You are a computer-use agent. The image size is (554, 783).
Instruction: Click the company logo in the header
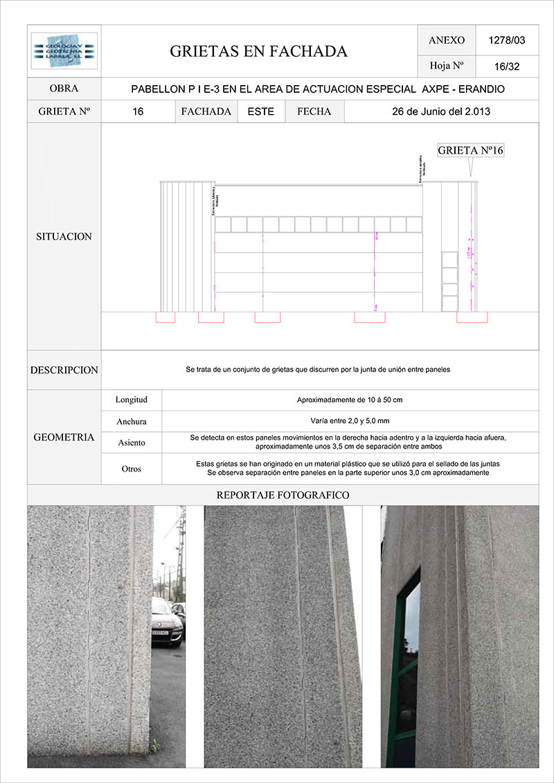pos(64,51)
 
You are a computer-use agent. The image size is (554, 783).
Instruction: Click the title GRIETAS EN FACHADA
pos(258,51)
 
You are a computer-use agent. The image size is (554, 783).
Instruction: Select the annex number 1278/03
pos(507,40)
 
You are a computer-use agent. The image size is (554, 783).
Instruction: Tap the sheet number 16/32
pos(508,66)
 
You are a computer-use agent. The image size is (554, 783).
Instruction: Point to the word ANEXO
pos(447,40)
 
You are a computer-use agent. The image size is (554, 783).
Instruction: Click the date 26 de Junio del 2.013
pos(441,111)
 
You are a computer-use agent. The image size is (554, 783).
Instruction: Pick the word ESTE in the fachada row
pos(261,111)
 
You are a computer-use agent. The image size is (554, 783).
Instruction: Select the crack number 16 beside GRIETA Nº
pos(138,111)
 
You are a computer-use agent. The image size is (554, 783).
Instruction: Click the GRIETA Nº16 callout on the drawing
pos(470,150)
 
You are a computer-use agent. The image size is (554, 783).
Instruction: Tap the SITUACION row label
pos(64,237)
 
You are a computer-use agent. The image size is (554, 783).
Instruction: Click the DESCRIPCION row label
pos(64,370)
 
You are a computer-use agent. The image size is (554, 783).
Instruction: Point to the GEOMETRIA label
pos(64,438)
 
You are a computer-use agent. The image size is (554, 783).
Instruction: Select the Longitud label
pos(132,400)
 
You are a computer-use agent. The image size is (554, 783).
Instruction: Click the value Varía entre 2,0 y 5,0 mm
pos(350,421)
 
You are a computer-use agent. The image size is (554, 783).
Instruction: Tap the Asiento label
pos(132,442)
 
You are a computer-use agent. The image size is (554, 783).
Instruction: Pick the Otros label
pos(132,469)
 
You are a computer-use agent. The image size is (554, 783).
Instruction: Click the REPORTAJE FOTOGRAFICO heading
pos(283,495)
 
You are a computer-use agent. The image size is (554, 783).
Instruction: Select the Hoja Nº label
pos(447,66)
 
